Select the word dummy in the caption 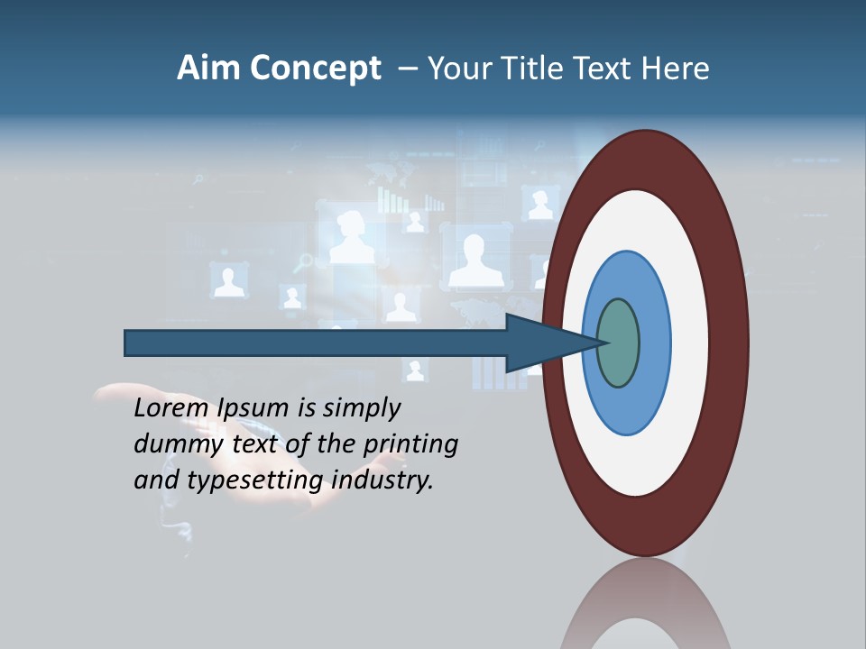[x=174, y=444]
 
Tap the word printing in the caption [x=409, y=444]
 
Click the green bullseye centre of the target [x=618, y=343]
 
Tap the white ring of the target [x=690, y=343]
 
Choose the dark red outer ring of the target [x=731, y=343]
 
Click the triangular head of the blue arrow [x=541, y=343]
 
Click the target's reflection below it [x=645, y=608]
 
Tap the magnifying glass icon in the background [x=304, y=262]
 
